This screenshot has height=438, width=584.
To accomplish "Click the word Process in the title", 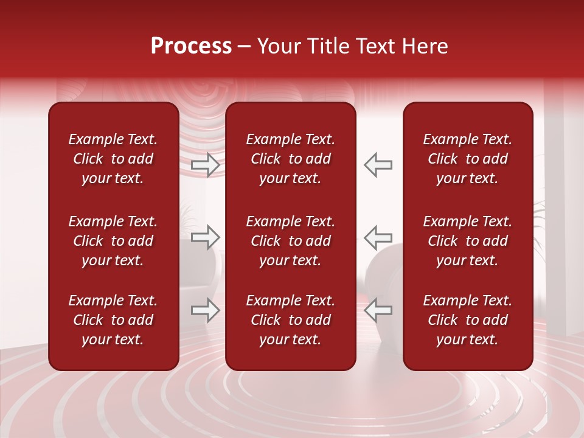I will [x=191, y=46].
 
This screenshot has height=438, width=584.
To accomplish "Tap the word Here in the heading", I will [x=424, y=46].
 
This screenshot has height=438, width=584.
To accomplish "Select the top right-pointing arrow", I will [x=206, y=165].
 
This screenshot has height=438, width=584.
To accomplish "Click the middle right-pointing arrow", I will [x=206, y=237].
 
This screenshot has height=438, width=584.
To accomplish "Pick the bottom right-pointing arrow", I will [x=206, y=310].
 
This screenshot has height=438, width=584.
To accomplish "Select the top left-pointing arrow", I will [x=378, y=165].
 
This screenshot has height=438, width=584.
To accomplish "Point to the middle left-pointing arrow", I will [x=378, y=237].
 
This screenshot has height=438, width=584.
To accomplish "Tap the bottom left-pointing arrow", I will [x=378, y=310].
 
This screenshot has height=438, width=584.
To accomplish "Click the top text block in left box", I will [x=113, y=159].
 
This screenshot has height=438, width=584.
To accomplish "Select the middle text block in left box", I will [x=113, y=241].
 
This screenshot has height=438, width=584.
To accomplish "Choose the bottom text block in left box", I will [x=113, y=320].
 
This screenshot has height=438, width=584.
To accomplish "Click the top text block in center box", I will [x=291, y=159].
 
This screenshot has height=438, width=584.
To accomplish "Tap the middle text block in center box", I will [x=291, y=241].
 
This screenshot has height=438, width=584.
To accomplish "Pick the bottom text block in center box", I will [x=291, y=320].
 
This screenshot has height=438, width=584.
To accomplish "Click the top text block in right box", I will [x=468, y=159].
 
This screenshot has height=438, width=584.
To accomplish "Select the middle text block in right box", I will [x=468, y=241].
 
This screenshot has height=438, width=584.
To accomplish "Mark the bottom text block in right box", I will [x=468, y=320].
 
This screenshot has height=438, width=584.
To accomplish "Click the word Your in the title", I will [x=279, y=46].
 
